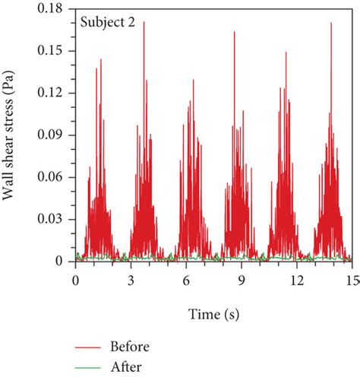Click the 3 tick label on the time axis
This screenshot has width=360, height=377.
pyautogui.click(x=131, y=279)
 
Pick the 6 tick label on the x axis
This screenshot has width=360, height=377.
pyautogui.click(x=186, y=279)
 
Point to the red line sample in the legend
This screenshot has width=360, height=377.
pyautogui.click(x=90, y=347)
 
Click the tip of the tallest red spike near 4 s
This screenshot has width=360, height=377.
pyautogui.click(x=144, y=22)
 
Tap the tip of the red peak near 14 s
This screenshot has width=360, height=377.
pyautogui.click(x=331, y=24)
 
